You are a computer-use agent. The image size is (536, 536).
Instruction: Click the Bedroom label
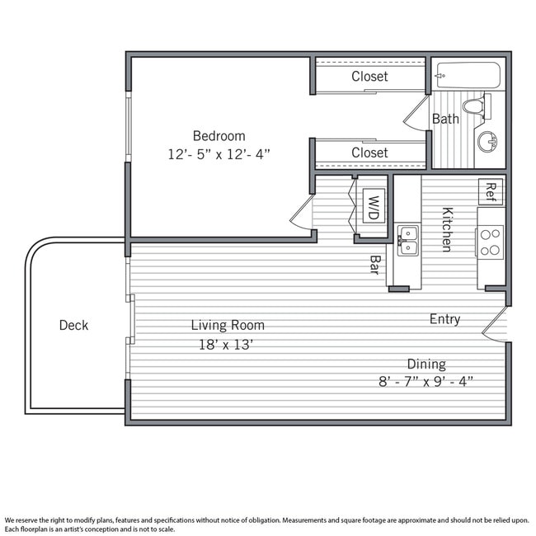point(219,135)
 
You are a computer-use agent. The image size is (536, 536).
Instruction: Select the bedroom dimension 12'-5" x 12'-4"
point(219,153)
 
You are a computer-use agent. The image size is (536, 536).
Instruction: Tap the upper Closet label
point(369,77)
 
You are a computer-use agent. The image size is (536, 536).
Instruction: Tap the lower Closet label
point(369,153)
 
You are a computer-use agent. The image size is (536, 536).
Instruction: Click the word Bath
point(445,119)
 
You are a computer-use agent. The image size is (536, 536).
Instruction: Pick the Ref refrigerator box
point(491,192)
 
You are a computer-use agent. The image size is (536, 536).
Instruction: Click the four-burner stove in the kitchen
point(491,242)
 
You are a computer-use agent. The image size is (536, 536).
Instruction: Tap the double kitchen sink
point(407,240)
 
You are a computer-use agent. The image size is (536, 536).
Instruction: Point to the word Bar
point(374,264)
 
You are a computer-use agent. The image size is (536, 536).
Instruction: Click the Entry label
point(444,319)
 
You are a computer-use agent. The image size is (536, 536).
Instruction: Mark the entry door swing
point(495,327)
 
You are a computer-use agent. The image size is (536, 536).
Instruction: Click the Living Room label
point(228,325)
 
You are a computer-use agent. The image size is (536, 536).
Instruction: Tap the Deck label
point(73,325)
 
